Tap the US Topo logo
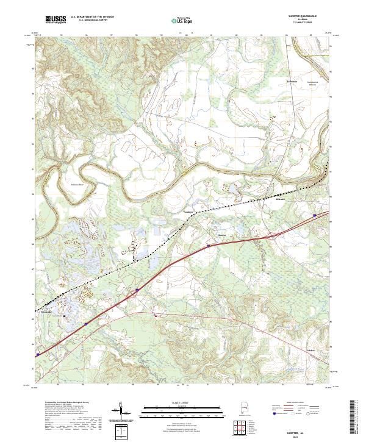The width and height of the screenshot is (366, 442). click(x=181, y=20)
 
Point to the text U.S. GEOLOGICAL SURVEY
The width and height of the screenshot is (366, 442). click(x=92, y=20)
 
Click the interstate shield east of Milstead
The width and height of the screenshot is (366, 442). click(x=315, y=215)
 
